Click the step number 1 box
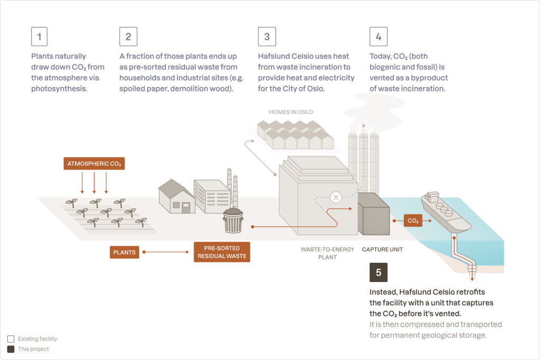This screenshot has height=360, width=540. [x=40, y=36]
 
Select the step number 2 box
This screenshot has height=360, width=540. [x=128, y=36]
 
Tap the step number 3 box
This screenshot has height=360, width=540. [x=267, y=36]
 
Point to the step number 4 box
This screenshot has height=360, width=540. [x=378, y=36]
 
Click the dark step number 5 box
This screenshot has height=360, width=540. [x=378, y=272]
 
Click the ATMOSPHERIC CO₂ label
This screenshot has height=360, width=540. [x=94, y=164]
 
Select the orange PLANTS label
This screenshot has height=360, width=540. [x=125, y=252]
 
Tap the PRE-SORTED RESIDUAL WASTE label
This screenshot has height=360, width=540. [x=222, y=252]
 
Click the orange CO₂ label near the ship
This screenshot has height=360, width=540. [x=413, y=221]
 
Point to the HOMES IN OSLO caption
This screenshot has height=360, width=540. [x=290, y=112]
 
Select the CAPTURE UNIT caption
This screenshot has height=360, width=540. [x=382, y=249]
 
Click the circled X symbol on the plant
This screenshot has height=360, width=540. [x=336, y=197]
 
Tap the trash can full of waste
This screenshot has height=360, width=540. [x=233, y=220]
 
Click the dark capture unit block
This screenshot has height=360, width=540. [x=373, y=214]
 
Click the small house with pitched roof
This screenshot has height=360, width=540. [x=176, y=196]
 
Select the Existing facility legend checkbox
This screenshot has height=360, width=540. [x=11, y=339]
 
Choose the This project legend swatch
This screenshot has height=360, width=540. [x=11, y=349]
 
